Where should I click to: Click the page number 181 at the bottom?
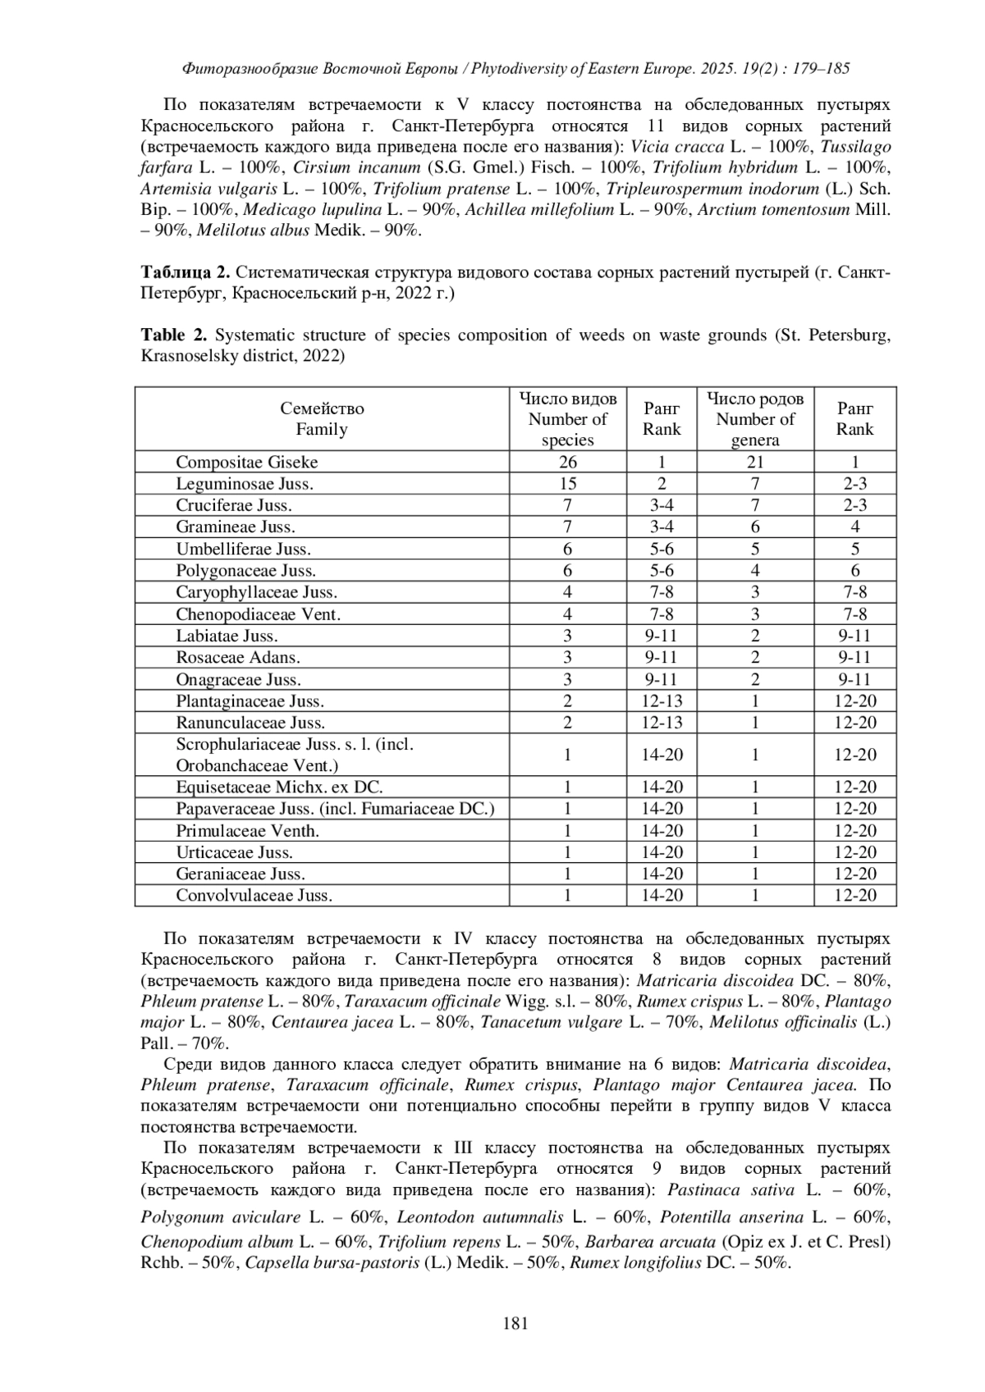[514, 1322]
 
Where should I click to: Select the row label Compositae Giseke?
[246, 462]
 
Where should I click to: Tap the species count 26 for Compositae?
[567, 462]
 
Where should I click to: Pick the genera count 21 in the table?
[754, 462]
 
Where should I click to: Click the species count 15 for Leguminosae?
[567, 484]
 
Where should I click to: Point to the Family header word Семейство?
[322, 408]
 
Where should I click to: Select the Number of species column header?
[567, 419]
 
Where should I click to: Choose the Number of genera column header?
[755, 419]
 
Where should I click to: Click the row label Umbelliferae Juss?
[243, 549]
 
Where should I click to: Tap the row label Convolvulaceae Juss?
[254, 896]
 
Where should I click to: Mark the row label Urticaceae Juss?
[234, 852]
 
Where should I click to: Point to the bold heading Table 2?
[174, 335]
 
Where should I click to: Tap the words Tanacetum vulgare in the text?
[552, 1022]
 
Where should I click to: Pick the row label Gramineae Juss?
[235, 527]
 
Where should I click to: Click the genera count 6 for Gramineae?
[754, 527]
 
